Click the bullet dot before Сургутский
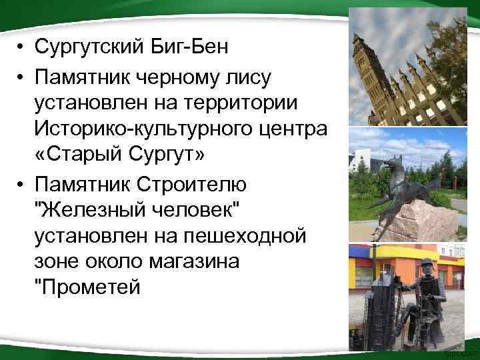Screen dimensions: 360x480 (22, 49)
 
